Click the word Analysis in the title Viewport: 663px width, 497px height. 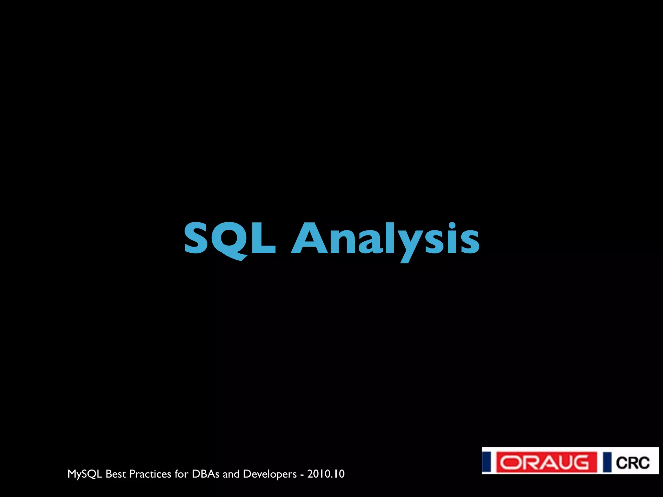[385, 239]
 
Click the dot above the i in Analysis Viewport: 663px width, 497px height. [452, 225]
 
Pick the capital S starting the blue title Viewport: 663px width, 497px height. [196, 238]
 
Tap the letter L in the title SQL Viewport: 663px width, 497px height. [263, 238]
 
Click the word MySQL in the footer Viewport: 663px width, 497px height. [85, 474]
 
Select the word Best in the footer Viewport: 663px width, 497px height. [116, 474]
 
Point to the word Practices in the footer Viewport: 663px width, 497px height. [150, 474]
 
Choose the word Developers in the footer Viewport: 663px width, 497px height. [270, 474]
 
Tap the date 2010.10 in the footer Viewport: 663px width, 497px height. [326, 474]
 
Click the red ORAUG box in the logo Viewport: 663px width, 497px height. [546, 462]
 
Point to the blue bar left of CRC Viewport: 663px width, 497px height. [607, 462]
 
